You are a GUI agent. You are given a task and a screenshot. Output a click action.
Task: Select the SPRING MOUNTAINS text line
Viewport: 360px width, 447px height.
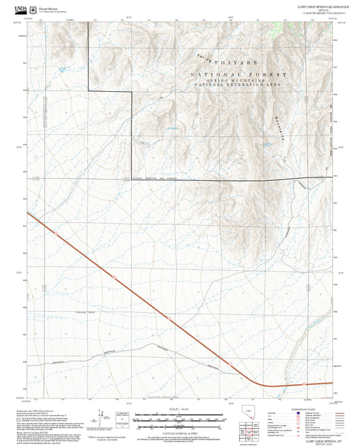pos(239,80)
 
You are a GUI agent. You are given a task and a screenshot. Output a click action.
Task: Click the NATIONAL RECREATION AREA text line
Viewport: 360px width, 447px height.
pos(239,85)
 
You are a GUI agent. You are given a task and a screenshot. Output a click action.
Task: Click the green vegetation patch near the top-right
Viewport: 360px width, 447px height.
pos(274,31)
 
